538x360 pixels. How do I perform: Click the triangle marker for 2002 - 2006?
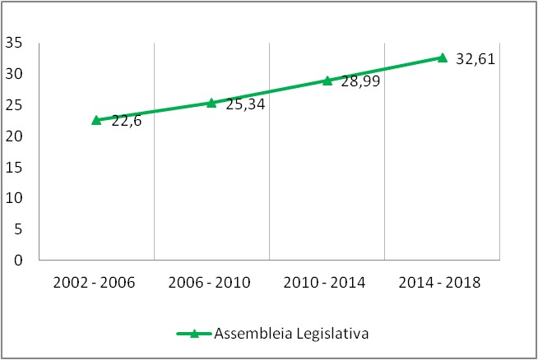coord(96,120)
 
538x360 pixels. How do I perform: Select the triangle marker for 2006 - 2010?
coord(211,103)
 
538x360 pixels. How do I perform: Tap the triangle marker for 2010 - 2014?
coord(327,81)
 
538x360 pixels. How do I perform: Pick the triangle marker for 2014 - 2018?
coord(442,58)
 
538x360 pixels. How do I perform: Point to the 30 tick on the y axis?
coord(12,74)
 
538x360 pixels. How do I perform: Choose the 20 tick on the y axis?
coord(12,136)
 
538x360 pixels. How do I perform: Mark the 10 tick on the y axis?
coord(12,198)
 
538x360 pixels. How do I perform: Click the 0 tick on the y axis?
coord(16,261)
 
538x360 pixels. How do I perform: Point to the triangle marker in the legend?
coord(194,333)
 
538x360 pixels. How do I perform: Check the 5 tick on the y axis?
coord(16,229)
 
